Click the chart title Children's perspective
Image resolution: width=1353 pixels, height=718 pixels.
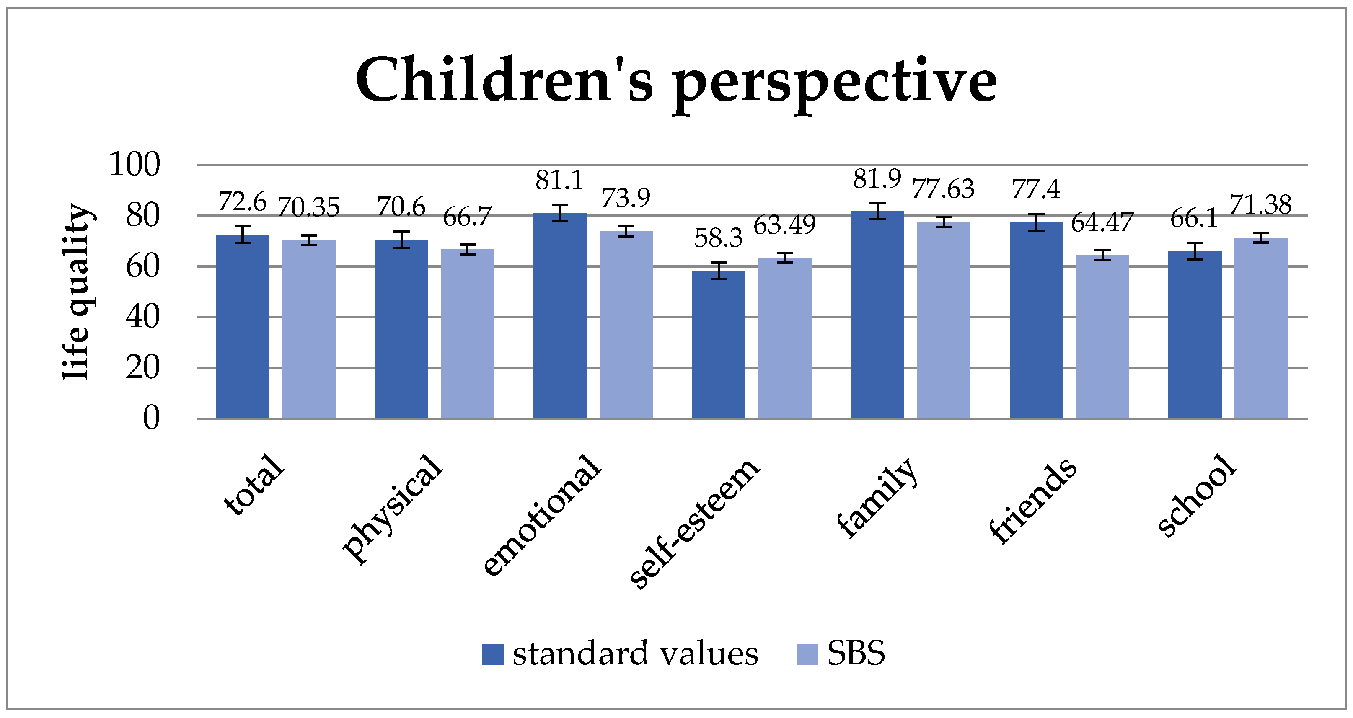[676, 81]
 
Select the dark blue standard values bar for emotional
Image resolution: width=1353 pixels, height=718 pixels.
[560, 315]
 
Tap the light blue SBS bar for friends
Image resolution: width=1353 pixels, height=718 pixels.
[1102, 336]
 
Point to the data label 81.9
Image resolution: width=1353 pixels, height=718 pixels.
[877, 179]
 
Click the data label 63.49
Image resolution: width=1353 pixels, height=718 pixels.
[785, 225]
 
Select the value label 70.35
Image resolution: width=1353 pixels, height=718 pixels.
[308, 207]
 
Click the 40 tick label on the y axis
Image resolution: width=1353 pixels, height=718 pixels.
[142, 317]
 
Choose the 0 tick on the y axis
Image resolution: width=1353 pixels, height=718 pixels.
[151, 418]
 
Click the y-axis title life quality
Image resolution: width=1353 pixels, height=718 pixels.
[77, 292]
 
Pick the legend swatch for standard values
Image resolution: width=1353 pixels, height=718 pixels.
[492, 654]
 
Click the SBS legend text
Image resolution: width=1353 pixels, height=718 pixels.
[856, 653]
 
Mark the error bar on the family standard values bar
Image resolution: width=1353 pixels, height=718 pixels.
[877, 211]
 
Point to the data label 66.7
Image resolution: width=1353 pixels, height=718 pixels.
[467, 217]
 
